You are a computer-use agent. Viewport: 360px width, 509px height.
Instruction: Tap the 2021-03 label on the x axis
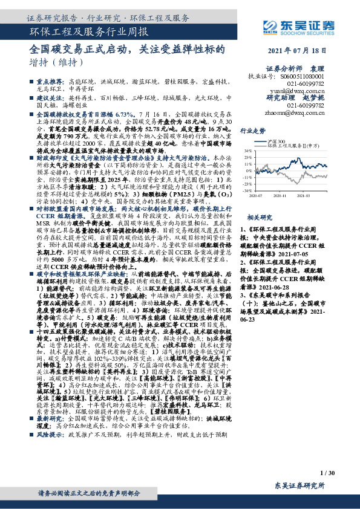[303, 195]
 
